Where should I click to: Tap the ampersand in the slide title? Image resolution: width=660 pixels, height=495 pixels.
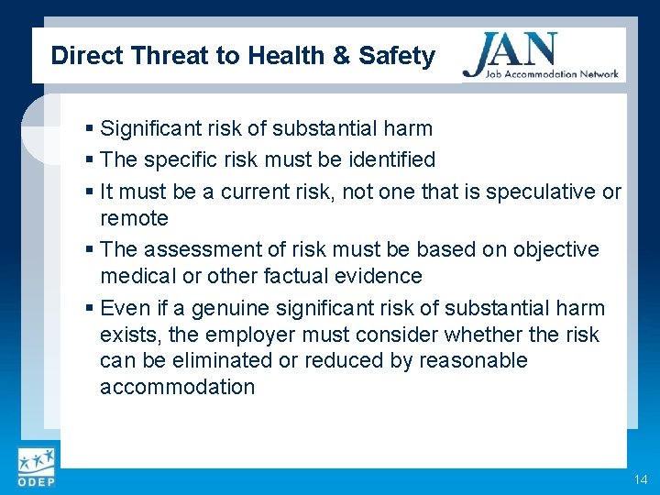[x=341, y=56]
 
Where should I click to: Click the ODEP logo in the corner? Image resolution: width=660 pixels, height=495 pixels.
[x=35, y=467]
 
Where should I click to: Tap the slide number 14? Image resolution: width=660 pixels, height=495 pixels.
[x=639, y=480]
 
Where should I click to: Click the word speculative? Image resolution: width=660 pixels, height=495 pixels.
[x=541, y=192]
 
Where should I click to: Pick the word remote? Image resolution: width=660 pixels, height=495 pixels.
[x=134, y=218]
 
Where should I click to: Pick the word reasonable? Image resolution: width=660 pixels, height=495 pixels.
[x=473, y=360]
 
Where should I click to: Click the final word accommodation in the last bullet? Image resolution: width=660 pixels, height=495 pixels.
[x=177, y=387]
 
